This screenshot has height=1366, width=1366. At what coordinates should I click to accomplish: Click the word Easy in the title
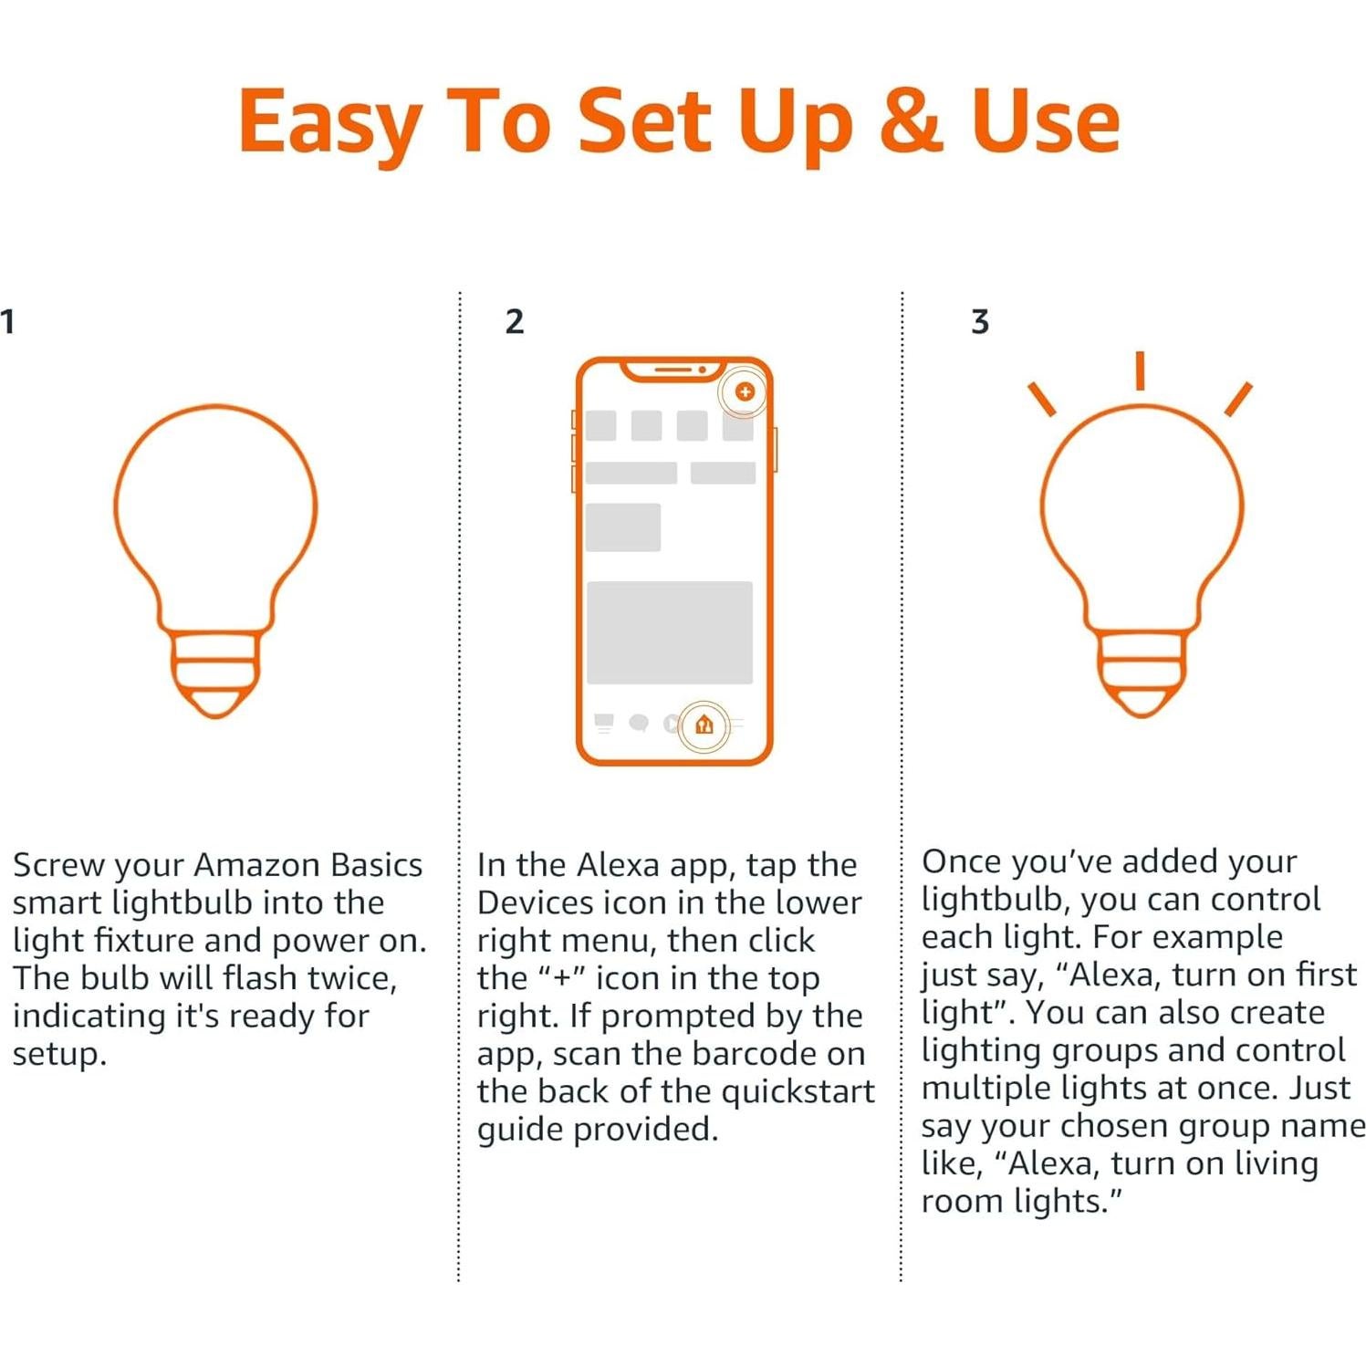click(329, 121)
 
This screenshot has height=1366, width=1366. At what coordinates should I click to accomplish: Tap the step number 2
click(515, 321)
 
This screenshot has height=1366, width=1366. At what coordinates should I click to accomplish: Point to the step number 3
click(980, 321)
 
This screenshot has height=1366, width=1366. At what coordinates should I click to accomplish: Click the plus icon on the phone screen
click(745, 391)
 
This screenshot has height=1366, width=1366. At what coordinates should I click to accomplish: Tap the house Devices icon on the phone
click(704, 725)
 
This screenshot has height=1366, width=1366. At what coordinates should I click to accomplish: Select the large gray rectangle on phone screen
click(669, 632)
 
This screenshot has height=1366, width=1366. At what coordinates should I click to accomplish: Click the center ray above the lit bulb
click(1140, 370)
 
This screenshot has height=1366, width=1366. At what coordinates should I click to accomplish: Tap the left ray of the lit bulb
click(1041, 399)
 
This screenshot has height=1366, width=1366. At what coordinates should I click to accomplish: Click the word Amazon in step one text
click(256, 865)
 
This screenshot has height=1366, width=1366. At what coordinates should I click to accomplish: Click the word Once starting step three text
click(961, 861)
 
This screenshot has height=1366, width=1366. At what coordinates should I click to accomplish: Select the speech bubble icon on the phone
click(639, 724)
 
